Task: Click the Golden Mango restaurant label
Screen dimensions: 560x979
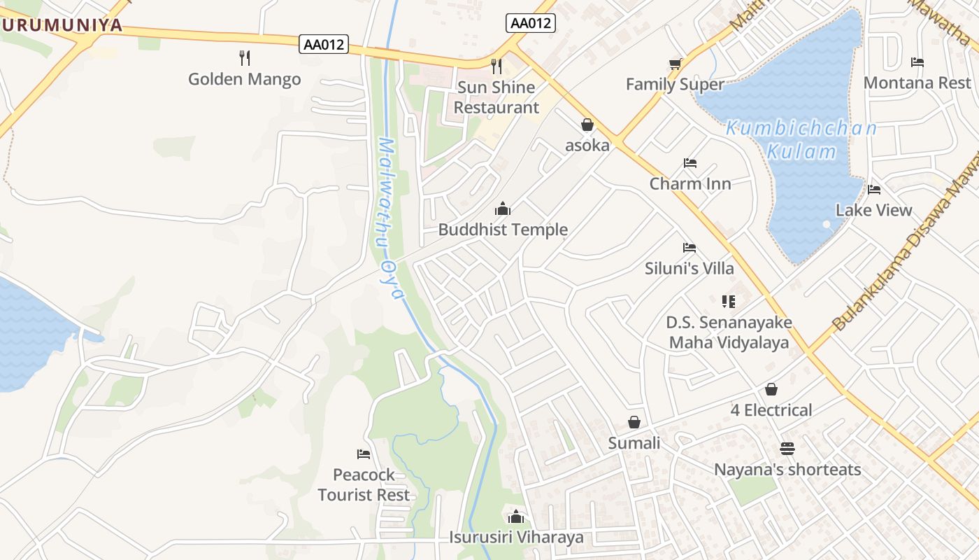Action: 244,79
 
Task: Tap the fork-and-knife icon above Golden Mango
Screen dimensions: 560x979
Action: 244,57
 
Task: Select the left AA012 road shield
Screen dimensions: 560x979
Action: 324,44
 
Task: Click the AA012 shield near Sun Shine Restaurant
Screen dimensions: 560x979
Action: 531,23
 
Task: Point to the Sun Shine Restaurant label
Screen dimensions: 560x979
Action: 496,97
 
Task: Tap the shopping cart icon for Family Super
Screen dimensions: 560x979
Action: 675,64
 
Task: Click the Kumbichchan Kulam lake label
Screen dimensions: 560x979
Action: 801,140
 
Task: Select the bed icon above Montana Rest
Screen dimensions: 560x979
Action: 917,62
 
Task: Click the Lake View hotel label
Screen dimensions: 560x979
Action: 873,210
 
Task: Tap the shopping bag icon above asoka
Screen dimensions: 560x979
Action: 587,125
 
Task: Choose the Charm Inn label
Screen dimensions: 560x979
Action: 690,183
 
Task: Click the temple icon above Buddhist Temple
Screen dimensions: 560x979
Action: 502,209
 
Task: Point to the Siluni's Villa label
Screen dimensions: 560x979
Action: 689,268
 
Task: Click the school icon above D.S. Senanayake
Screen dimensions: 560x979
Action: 729,302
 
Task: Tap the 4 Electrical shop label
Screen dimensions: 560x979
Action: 771,410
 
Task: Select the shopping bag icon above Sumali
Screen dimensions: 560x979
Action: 634,422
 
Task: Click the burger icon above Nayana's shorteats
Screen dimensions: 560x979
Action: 787,448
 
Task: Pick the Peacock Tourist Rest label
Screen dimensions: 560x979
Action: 364,484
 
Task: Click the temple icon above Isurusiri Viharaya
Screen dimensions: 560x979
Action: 516,517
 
